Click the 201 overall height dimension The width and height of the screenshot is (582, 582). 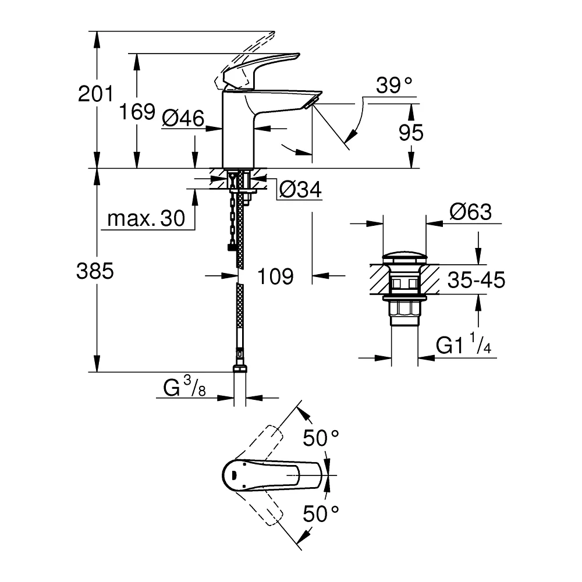(95, 94)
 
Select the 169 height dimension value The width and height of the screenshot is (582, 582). (137, 111)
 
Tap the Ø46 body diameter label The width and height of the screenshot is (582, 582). (183, 118)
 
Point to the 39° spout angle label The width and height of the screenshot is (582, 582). (394, 86)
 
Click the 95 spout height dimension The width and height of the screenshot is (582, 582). (411, 133)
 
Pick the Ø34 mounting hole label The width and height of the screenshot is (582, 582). (300, 190)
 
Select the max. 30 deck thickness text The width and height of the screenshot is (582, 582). (146, 218)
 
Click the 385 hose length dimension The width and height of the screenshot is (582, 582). (95, 271)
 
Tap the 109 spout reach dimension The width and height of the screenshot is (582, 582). (275, 276)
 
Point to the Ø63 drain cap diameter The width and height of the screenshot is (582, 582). (471, 212)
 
